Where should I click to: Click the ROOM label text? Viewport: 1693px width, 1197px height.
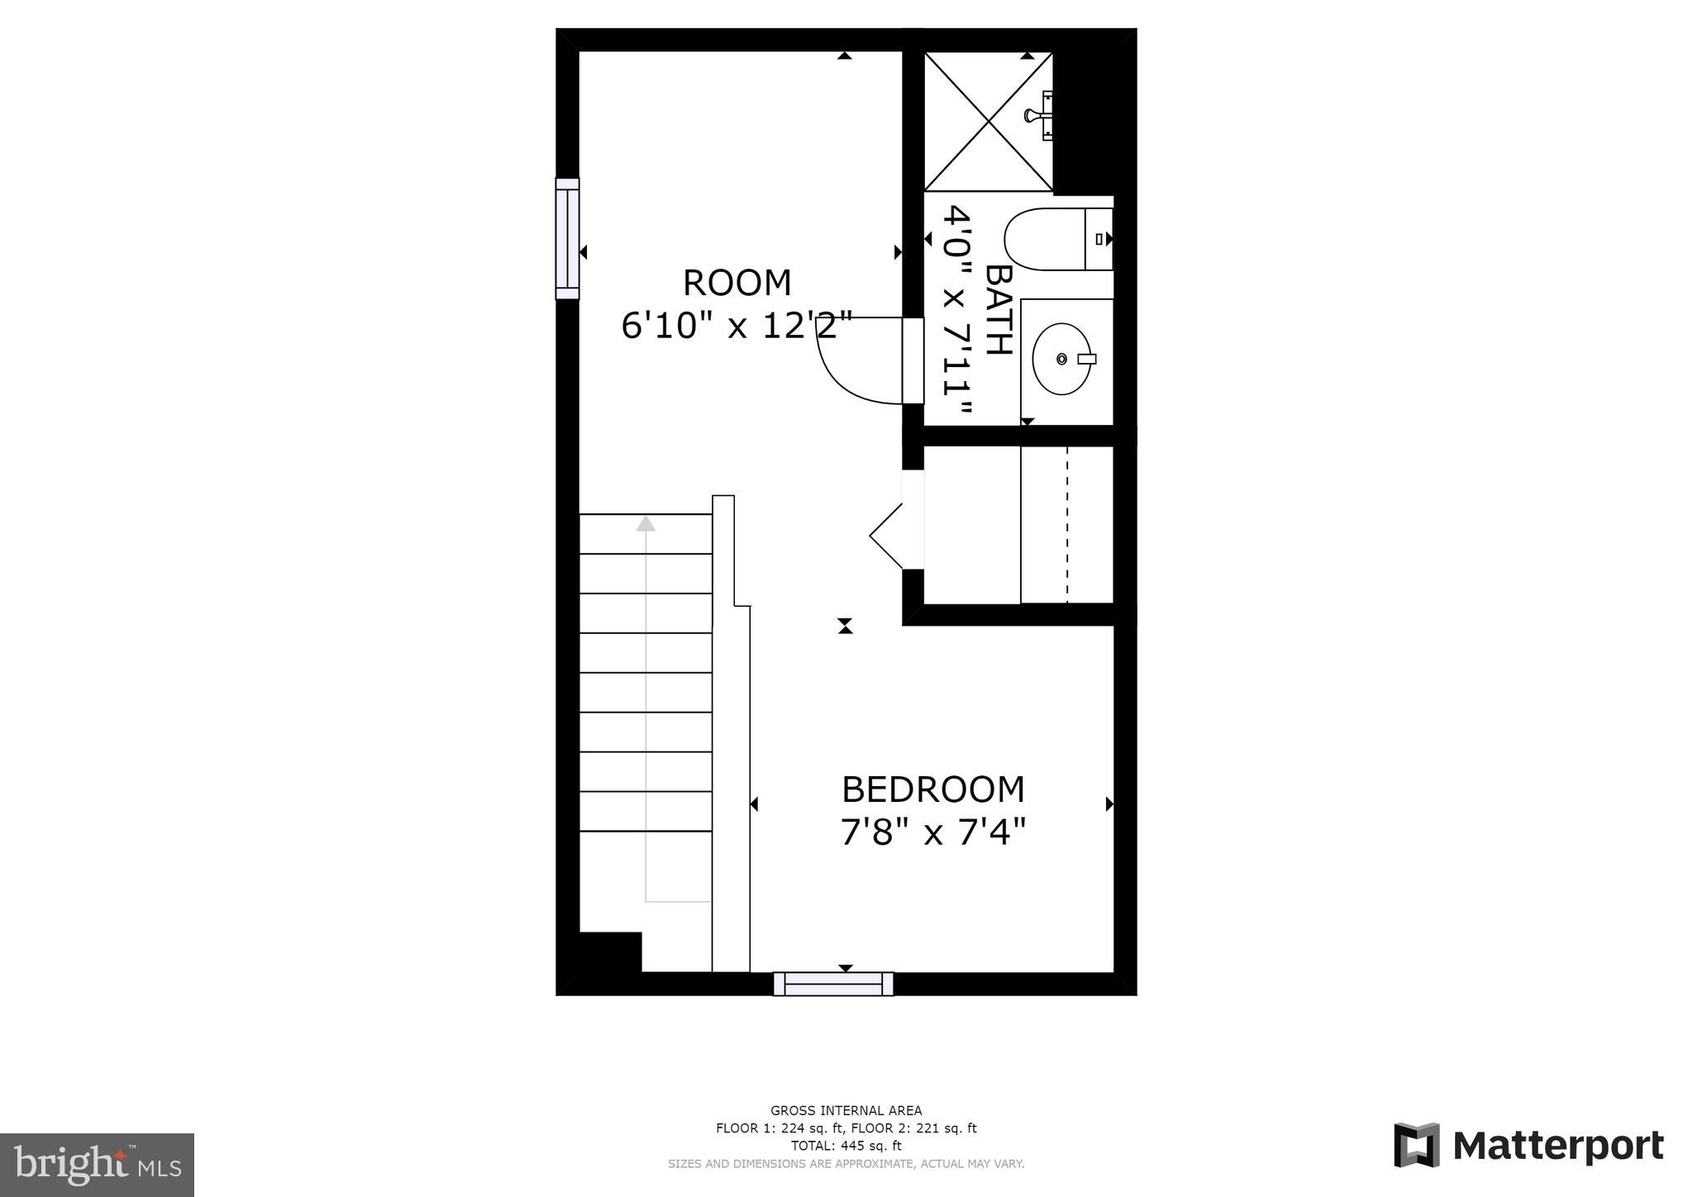click(x=737, y=284)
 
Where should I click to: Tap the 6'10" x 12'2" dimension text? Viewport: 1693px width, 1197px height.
click(x=736, y=327)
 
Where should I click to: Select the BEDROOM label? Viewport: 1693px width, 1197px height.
click(x=932, y=790)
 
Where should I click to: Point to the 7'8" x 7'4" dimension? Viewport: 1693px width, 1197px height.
click(x=932, y=832)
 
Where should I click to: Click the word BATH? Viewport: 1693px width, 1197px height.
click(x=999, y=310)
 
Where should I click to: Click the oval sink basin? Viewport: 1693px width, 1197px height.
click(x=1062, y=359)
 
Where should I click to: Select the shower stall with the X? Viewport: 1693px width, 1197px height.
click(x=988, y=122)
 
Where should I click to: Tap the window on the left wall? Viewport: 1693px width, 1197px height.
click(x=567, y=238)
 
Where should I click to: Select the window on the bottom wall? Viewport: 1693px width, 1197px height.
click(x=833, y=984)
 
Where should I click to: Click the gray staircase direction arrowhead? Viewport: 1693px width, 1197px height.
click(x=646, y=523)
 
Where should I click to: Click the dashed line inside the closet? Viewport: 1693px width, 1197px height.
click(x=1066, y=524)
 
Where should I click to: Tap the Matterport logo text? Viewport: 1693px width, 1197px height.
click(x=1557, y=1146)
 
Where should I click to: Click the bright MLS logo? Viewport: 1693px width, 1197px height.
click(x=97, y=1165)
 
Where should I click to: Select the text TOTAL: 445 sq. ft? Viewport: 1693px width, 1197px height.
click(x=846, y=1146)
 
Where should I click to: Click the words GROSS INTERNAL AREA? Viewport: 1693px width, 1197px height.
click(x=846, y=1111)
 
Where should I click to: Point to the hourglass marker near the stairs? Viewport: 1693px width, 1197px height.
click(x=845, y=626)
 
